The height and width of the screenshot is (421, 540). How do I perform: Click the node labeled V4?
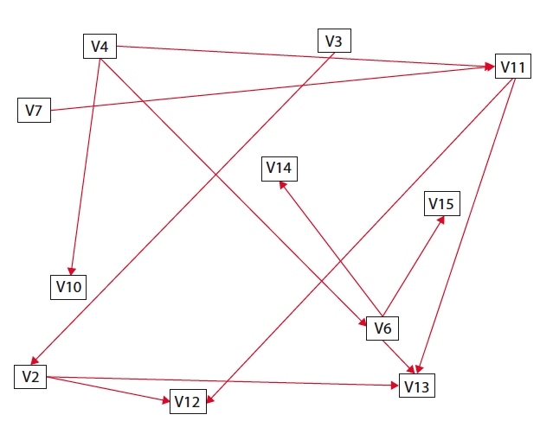[99, 46]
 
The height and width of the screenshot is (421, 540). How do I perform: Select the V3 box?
[333, 41]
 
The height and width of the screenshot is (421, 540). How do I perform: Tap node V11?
[512, 67]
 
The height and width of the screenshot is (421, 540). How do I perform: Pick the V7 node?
[34, 110]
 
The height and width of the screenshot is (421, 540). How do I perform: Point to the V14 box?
[279, 168]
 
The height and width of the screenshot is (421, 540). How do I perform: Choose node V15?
[441, 204]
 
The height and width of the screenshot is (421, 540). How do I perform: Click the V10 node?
[69, 286]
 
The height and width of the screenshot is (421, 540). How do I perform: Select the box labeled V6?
[383, 328]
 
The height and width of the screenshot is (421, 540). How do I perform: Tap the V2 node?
[30, 376]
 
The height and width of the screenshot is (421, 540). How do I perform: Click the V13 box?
[417, 385]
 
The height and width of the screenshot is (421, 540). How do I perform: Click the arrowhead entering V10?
[73, 271]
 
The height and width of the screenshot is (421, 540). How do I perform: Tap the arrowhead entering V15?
[442, 220]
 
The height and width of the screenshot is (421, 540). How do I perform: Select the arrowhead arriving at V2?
[35, 360]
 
